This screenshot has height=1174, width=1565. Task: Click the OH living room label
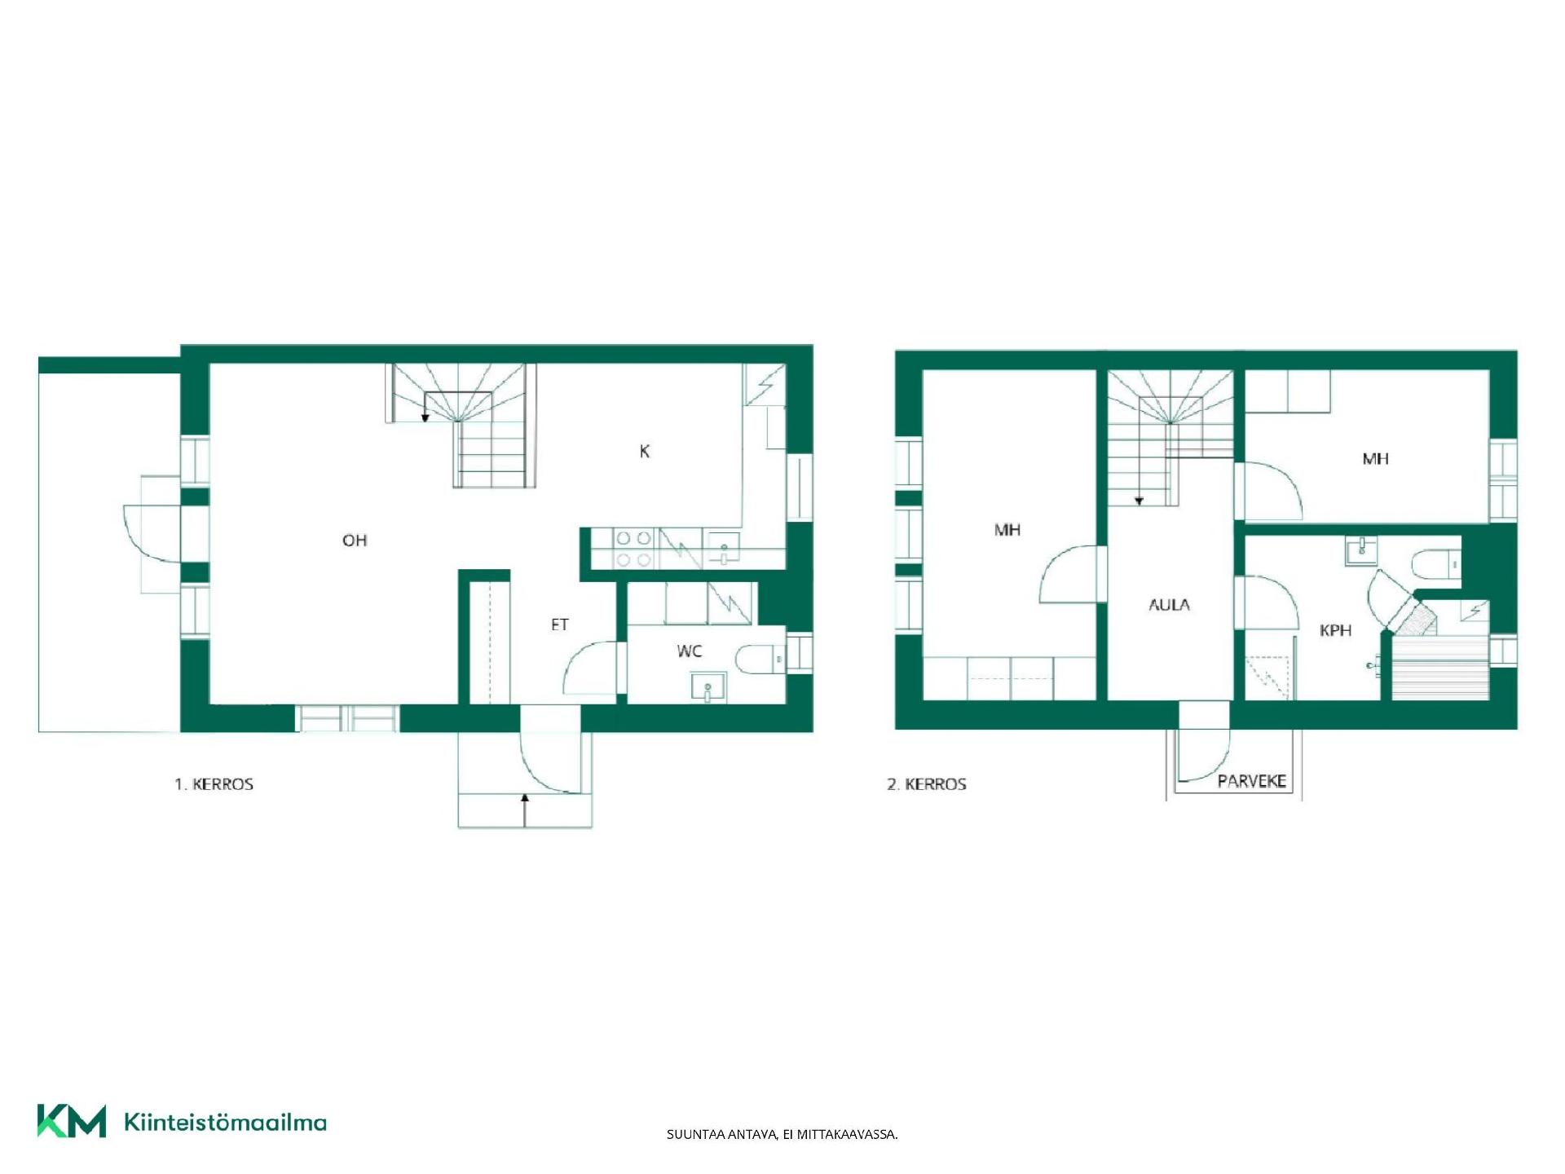coord(355,540)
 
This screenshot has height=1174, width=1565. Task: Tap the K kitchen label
coord(645,451)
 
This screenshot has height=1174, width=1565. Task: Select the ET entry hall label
coord(559,625)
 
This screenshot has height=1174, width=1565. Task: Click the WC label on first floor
coord(689,651)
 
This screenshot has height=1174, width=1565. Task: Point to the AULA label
coord(1169,604)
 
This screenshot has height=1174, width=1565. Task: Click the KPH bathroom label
coord(1335,630)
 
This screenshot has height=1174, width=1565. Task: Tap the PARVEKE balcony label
coord(1251,781)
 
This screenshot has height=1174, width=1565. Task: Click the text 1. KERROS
coord(214,784)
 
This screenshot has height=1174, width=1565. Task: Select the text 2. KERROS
coord(927,784)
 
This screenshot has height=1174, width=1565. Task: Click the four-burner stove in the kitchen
coord(634,549)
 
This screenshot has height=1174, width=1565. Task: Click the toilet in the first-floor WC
coord(760,659)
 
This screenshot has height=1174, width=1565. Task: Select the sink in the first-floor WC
coord(708,686)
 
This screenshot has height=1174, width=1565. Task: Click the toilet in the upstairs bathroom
coord(1435,563)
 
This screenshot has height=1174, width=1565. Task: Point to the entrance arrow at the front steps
coord(525,810)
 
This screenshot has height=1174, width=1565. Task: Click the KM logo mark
coord(72,1121)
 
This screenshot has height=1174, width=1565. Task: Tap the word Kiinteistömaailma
coord(225,1122)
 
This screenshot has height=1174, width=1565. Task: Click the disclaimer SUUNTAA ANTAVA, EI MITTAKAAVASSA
coord(782,1134)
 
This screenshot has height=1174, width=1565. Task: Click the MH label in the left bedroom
coord(1007,530)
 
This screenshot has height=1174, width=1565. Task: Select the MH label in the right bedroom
coord(1375,459)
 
